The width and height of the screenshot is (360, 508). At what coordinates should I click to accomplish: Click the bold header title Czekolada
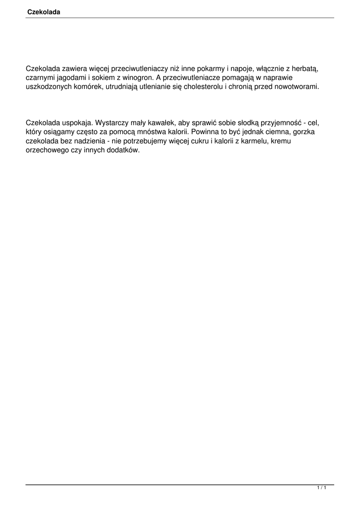44,11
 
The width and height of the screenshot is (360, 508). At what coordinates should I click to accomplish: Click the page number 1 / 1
321,488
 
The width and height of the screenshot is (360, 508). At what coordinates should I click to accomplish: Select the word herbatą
305,69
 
